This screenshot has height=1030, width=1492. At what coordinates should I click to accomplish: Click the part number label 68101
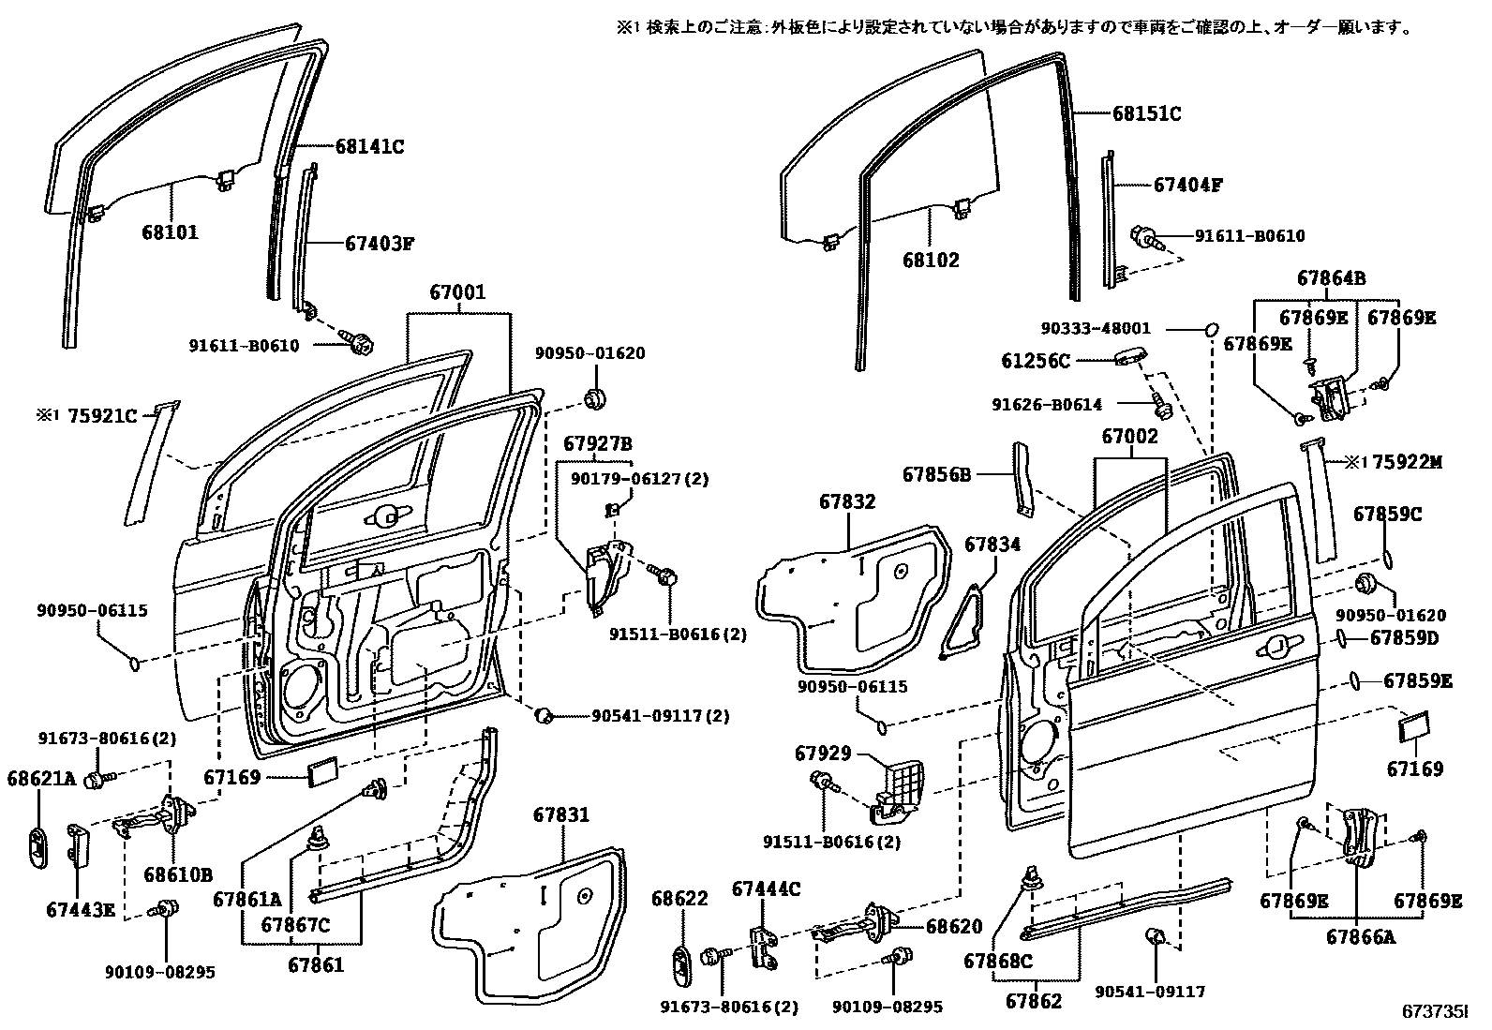[171, 231]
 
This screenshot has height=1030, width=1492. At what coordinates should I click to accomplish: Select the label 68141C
[369, 146]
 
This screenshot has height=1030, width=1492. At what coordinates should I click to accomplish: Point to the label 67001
[458, 292]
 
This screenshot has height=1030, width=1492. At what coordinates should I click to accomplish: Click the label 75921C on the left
[102, 416]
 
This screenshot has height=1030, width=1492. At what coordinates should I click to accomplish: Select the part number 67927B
[598, 442]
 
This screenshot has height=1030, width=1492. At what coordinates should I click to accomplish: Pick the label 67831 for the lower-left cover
[561, 814]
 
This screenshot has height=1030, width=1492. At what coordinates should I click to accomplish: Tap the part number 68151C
[1146, 114]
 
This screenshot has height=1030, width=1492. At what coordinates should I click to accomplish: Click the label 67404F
[1187, 185]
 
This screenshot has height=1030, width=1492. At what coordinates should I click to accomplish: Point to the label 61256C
[1035, 360]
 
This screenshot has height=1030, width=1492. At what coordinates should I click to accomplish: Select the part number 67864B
[1331, 277]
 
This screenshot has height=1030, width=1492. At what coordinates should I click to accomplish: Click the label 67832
[846, 502]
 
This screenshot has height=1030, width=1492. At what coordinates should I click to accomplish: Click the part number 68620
[954, 927]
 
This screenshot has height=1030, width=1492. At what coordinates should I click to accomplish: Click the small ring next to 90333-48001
[1210, 329]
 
